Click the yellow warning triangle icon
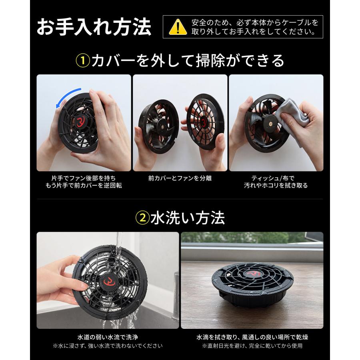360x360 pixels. coord(178,27)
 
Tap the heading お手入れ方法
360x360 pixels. coord(94,27)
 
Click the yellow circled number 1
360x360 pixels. coord(83,61)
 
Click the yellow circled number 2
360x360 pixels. coord(142,218)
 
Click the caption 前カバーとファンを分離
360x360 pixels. coord(180,178)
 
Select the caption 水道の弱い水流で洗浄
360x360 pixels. coord(108,337)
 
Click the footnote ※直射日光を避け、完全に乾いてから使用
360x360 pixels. coord(252,346)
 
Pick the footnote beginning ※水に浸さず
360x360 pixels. coord(108,346)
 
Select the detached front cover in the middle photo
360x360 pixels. coord(205,122)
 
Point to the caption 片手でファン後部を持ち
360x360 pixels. coord(84,178)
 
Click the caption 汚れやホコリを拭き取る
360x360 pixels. coord(276,186)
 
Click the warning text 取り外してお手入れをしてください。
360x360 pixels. coord(254,32)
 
